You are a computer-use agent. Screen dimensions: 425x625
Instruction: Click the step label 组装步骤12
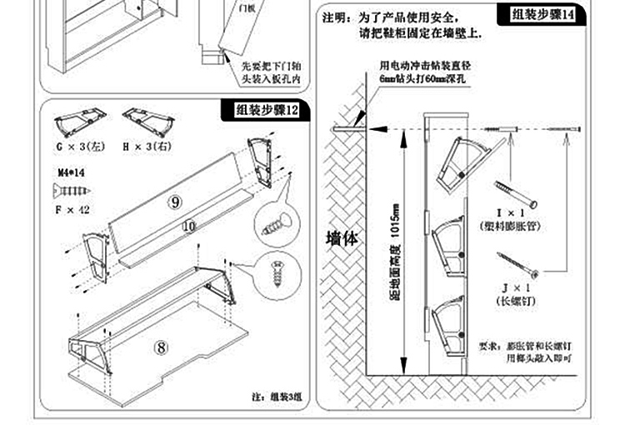[264, 109]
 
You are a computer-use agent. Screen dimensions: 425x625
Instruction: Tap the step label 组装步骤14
[542, 14]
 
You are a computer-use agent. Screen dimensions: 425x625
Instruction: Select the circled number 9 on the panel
[175, 202]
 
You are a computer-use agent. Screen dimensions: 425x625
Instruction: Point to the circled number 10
[188, 226]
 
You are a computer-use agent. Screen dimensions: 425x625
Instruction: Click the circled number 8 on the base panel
[161, 347]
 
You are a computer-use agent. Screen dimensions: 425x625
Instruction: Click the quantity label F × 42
[72, 210]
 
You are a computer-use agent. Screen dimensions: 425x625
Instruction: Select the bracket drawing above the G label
[77, 123]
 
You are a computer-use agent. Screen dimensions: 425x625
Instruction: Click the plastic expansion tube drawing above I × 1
[516, 192]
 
